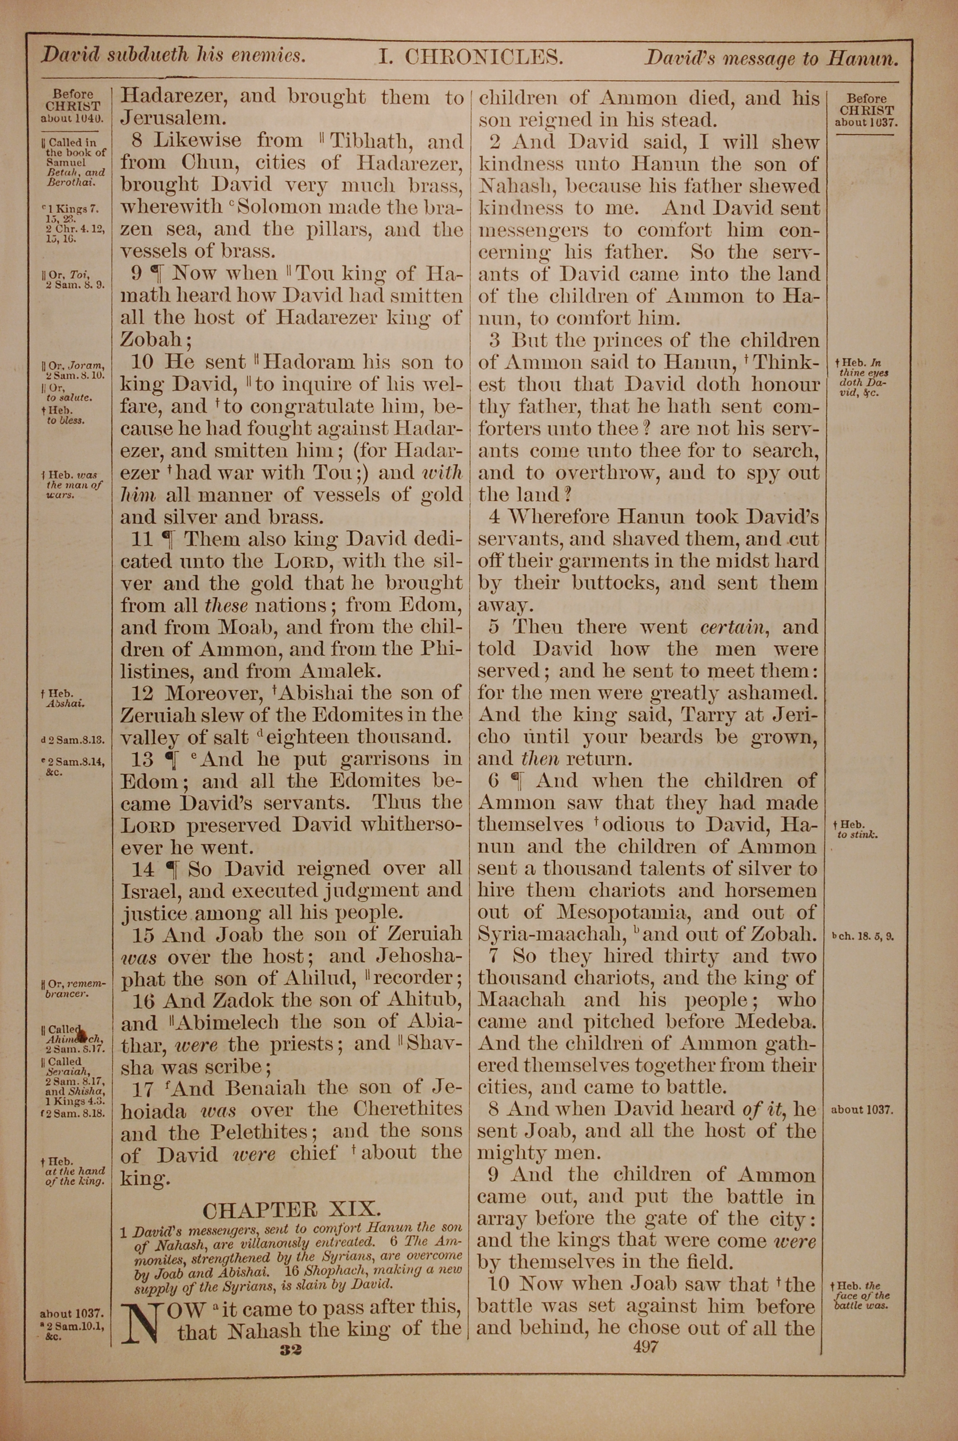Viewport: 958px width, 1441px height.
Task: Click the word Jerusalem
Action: [x=166, y=118]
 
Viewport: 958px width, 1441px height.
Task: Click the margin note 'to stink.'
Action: [x=858, y=835]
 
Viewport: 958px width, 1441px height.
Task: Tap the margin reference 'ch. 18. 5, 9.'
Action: [x=863, y=936]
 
